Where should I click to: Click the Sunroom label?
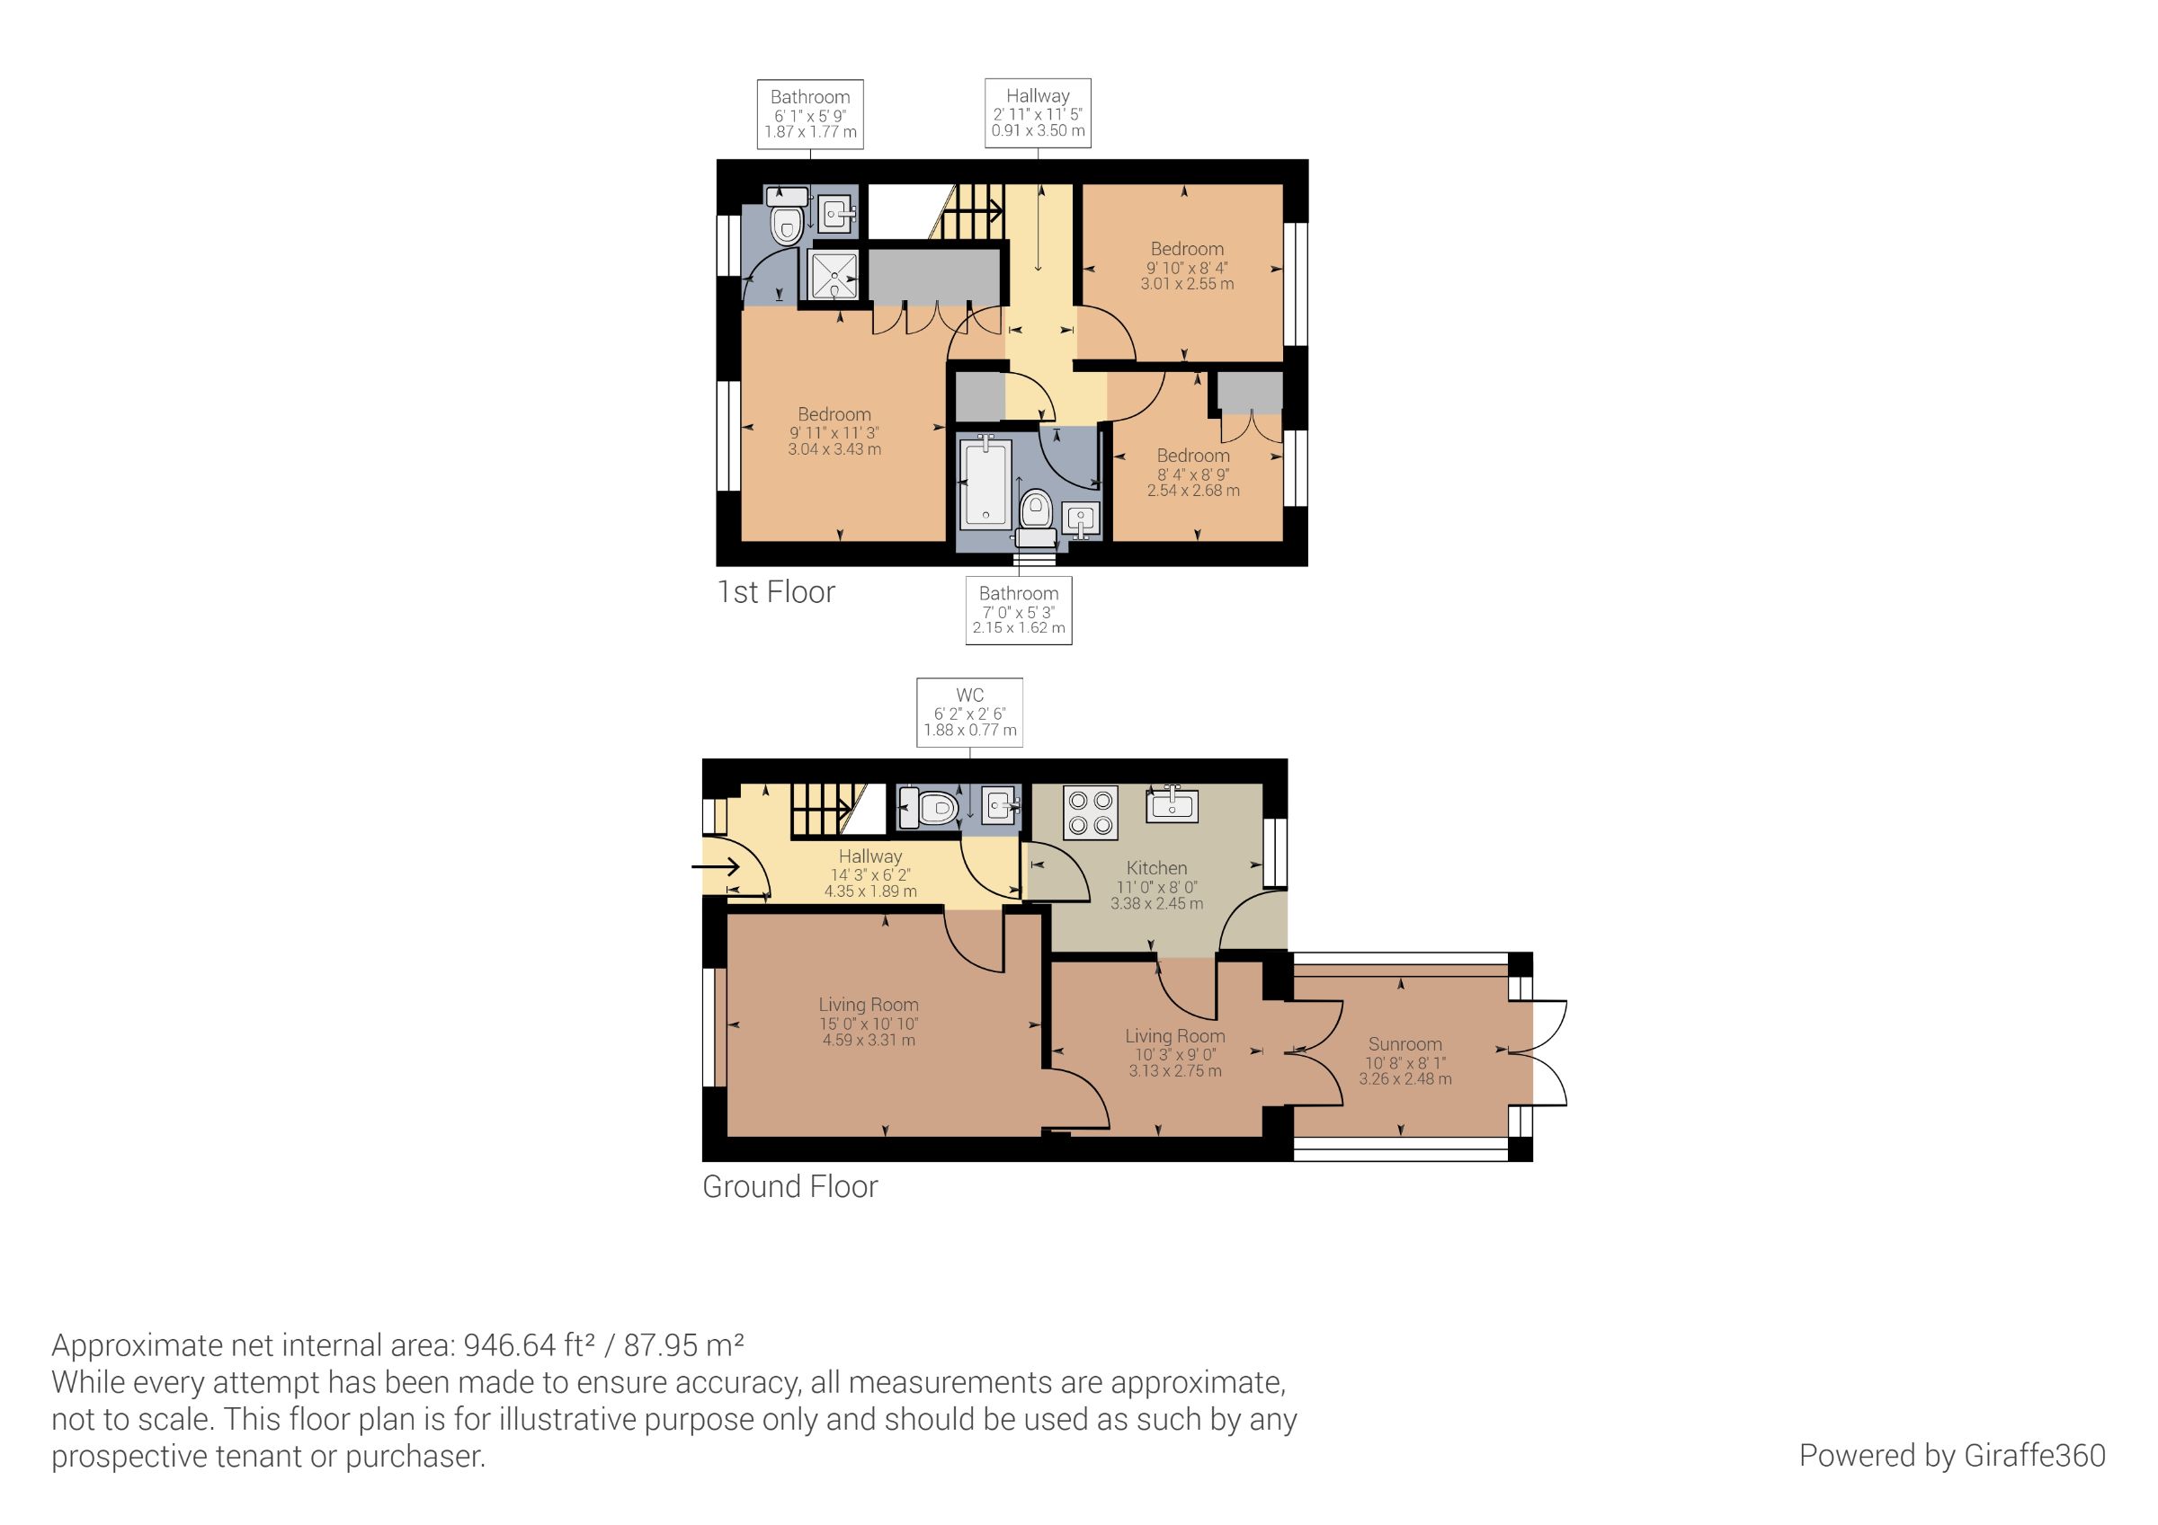pyautogui.click(x=1405, y=1044)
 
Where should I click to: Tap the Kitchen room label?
pyautogui.click(x=1156, y=868)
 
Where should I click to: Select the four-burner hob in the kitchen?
pyautogui.click(x=1091, y=812)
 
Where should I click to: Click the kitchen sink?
pyautogui.click(x=1171, y=804)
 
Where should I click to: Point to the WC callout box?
pyautogui.click(x=969, y=713)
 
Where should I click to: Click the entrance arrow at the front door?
pyautogui.click(x=717, y=865)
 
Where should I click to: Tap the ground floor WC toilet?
pyautogui.click(x=929, y=807)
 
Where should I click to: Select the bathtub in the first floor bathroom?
pyautogui.click(x=985, y=481)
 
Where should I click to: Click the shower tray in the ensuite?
pyautogui.click(x=834, y=274)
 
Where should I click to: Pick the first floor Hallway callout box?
pyautogui.click(x=1038, y=112)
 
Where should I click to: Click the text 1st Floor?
pyautogui.click(x=775, y=592)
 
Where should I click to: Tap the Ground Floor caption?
pyautogui.click(x=789, y=1187)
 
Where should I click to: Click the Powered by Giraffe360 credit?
pyautogui.click(x=1952, y=1456)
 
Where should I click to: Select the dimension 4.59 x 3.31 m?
pyautogui.click(x=869, y=1040)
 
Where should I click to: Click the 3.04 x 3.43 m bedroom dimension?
pyautogui.click(x=834, y=449)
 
